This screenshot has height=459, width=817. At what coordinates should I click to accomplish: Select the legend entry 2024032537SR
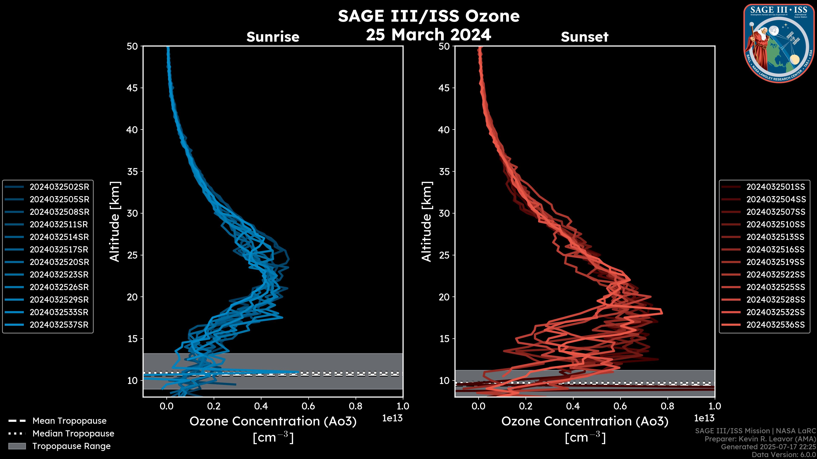(x=59, y=325)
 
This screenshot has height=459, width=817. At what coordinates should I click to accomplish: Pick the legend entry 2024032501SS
(x=776, y=187)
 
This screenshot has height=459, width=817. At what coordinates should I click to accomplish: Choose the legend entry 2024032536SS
(x=776, y=325)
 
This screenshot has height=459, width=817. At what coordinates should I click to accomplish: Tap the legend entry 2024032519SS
(x=776, y=262)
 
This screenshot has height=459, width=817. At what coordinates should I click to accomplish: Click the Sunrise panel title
(x=273, y=37)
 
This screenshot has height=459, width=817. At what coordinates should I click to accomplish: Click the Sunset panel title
(x=584, y=37)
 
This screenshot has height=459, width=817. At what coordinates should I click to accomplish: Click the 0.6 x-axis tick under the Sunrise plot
(x=308, y=406)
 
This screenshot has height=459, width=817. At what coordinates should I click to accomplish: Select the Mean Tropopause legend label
(x=69, y=421)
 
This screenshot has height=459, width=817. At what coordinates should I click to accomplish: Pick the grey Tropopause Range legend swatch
(x=17, y=446)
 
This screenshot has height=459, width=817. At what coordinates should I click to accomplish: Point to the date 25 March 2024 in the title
(x=428, y=34)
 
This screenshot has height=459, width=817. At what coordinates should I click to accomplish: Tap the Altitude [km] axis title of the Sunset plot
(x=427, y=221)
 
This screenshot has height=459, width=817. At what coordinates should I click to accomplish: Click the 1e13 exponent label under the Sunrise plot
(x=392, y=418)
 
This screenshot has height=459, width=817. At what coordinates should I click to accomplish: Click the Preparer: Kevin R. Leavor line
(x=760, y=439)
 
